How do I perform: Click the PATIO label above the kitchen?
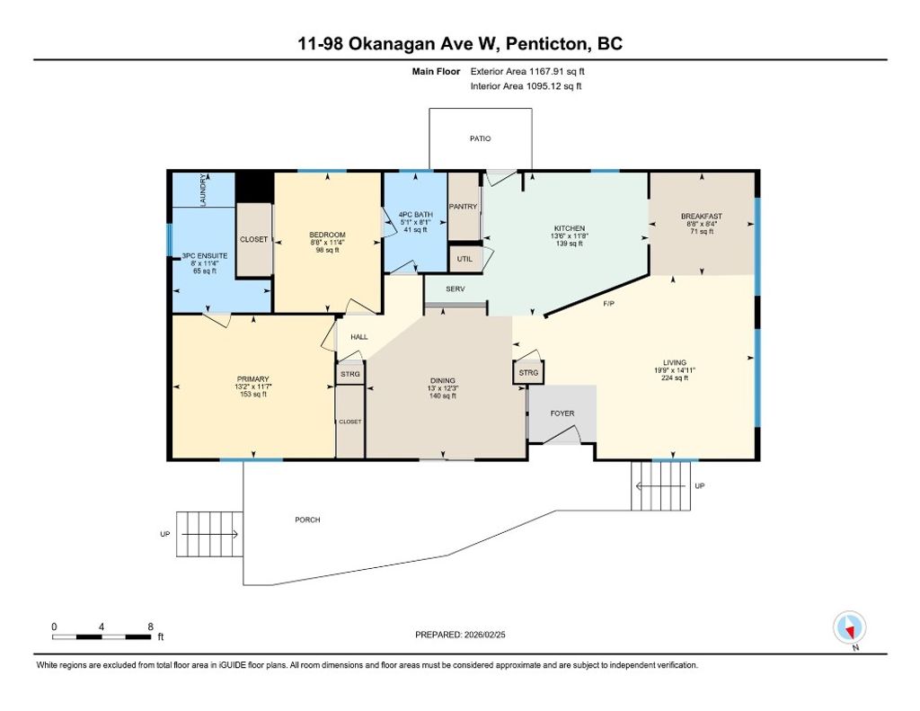point(480,138)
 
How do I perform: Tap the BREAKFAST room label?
point(701,217)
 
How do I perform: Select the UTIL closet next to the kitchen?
point(464,259)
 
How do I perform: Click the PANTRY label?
point(464,207)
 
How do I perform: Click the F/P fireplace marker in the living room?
point(607,305)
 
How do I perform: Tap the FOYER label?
point(562,413)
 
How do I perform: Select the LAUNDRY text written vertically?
point(204,191)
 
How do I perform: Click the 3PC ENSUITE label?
point(205,256)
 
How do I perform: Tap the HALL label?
point(358,337)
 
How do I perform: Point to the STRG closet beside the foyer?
point(528,372)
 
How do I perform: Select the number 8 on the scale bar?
point(150,626)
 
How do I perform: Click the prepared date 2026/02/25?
point(488,635)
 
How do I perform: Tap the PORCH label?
point(307,520)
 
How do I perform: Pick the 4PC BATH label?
point(414,214)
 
